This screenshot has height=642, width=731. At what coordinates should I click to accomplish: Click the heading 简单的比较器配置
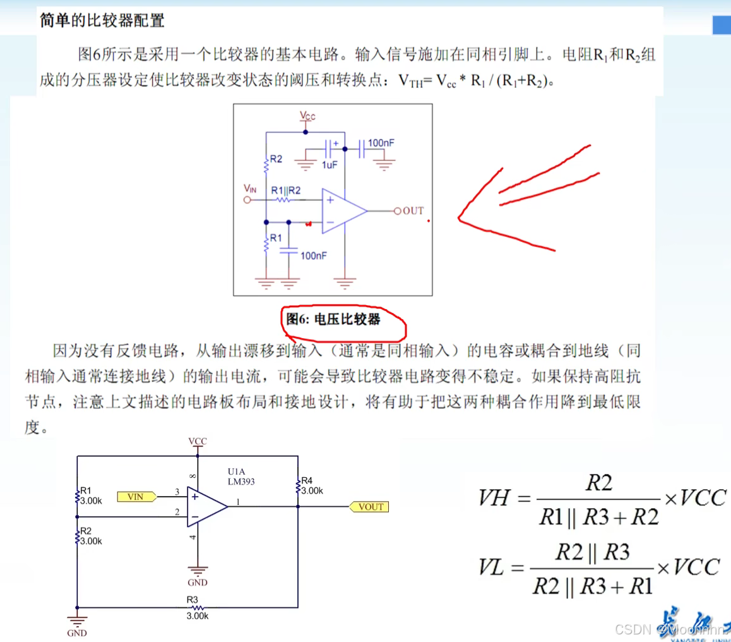coord(102,21)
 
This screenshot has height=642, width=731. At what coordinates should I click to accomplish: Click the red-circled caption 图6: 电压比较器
coord(333,319)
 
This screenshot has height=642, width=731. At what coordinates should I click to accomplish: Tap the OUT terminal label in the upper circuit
coord(413,210)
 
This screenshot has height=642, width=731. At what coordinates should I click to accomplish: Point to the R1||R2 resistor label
coord(285,190)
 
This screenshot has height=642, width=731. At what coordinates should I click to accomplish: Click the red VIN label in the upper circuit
coord(251,189)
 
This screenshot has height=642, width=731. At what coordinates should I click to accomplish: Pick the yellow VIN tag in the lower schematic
coord(136,497)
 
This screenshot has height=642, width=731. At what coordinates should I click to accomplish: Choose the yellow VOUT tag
coord(370,507)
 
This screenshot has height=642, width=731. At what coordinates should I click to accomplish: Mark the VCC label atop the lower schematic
coord(198,441)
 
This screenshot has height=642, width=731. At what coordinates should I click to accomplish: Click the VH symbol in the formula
coord(496,499)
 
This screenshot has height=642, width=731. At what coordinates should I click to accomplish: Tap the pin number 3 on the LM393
coord(177,491)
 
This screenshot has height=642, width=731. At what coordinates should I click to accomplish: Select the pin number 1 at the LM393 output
coord(238,502)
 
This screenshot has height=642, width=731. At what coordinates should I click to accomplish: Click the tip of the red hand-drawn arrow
coord(460,219)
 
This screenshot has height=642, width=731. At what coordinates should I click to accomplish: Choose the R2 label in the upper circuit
coord(275,159)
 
